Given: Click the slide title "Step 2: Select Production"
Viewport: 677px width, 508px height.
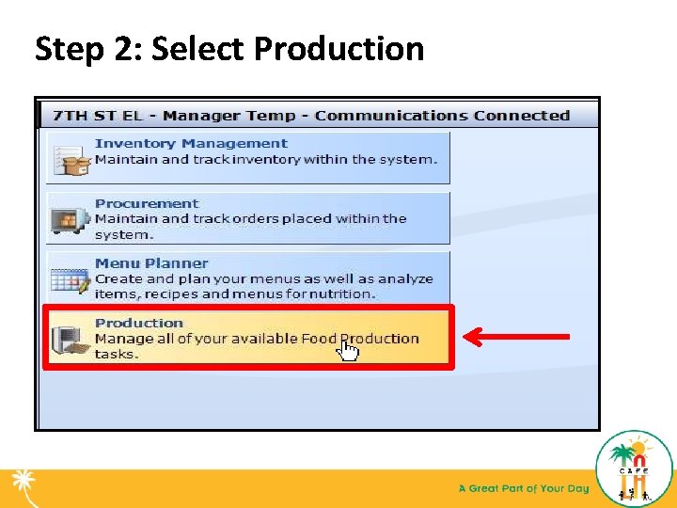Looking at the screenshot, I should (229, 48).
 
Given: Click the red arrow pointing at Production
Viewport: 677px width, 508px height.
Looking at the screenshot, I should (516, 336).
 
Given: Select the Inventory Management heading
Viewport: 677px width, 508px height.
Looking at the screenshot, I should (191, 144).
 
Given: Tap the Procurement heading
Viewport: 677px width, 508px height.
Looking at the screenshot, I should (147, 203).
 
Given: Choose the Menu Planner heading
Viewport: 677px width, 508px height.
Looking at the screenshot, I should (151, 263).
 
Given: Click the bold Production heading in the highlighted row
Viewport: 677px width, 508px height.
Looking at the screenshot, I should (139, 323).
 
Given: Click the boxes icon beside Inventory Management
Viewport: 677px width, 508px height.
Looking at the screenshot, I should (71, 159).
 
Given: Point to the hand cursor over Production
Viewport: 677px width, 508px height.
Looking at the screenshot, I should (348, 350).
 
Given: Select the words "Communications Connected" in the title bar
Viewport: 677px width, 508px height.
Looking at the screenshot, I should (442, 116).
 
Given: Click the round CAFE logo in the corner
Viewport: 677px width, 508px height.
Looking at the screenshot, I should (635, 468).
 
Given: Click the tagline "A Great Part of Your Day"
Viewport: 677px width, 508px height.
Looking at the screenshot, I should (523, 488).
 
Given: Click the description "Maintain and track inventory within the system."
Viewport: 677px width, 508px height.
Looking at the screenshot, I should (266, 159).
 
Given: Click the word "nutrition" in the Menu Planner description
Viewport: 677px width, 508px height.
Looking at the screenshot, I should (342, 294).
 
